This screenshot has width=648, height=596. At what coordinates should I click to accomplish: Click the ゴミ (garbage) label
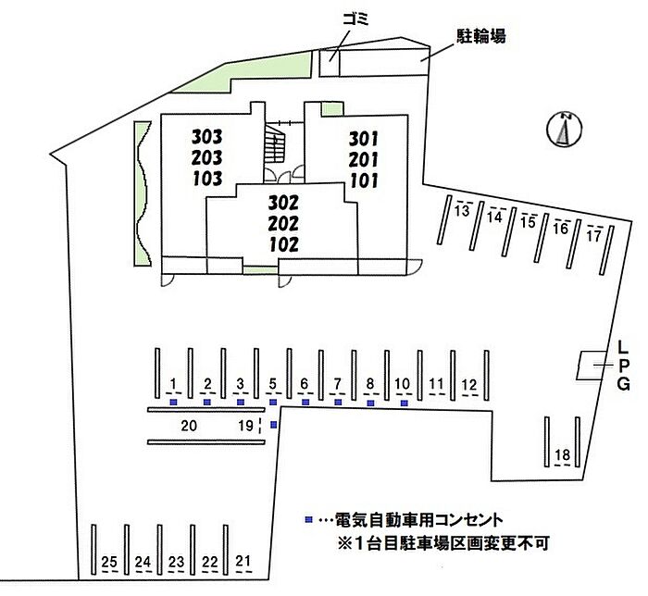click(x=355, y=19)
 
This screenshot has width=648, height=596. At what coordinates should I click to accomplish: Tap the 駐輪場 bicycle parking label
click(x=481, y=36)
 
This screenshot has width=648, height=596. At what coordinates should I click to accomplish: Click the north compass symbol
click(x=564, y=129)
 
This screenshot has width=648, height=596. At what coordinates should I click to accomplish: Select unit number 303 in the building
click(x=207, y=136)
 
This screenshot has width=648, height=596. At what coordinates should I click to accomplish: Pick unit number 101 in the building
click(x=364, y=180)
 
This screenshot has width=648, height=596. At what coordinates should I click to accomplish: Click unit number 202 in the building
click(x=283, y=223)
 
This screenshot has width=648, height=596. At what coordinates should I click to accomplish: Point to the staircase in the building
click(x=274, y=143)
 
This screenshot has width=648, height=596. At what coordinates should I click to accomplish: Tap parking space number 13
click(x=462, y=211)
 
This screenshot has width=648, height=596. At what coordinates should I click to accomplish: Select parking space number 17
click(x=594, y=235)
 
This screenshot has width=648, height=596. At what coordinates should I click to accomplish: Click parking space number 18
click(x=563, y=454)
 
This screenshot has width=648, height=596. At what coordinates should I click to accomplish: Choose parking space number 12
click(x=469, y=385)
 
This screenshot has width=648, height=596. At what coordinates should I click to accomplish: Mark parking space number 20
click(x=189, y=426)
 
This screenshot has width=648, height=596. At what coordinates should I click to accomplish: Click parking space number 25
click(x=109, y=562)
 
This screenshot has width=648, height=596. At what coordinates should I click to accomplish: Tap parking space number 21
click(x=243, y=561)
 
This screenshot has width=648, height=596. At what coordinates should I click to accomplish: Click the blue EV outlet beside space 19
click(x=274, y=425)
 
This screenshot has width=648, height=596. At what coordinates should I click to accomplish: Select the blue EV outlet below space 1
click(x=174, y=403)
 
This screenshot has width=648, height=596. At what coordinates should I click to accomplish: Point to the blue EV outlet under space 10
click(x=405, y=404)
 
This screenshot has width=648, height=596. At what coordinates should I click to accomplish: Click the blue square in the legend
click(x=308, y=519)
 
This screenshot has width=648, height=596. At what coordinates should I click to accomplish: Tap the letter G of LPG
click(x=624, y=384)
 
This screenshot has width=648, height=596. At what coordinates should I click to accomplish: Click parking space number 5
click(x=273, y=384)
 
